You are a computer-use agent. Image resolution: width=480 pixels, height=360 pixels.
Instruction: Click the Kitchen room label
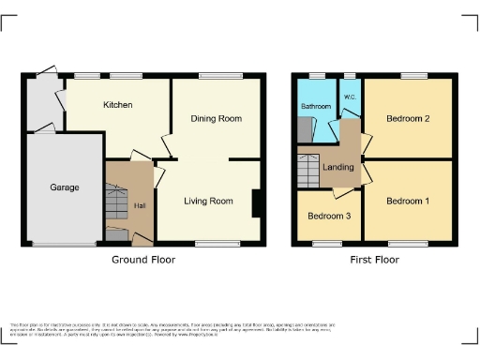coord(117,104)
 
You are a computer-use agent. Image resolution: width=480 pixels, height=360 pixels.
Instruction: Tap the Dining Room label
coord(217,119)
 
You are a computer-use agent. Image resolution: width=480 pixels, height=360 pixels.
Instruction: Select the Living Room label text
coord(208,201)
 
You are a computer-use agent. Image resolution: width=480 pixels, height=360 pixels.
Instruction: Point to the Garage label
coord(65,187)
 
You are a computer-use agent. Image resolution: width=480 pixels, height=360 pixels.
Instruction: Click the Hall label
coord(139,205)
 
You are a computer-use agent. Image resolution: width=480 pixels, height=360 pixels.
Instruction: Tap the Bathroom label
coord(315,107)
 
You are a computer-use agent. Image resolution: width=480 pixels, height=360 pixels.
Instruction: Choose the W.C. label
coord(350,97)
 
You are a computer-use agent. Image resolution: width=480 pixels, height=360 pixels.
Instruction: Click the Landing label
coord(338,168)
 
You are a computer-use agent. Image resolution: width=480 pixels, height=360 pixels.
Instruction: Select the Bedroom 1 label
coord(408,202)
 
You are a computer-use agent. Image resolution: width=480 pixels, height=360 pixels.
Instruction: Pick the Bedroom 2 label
coord(408,119)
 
